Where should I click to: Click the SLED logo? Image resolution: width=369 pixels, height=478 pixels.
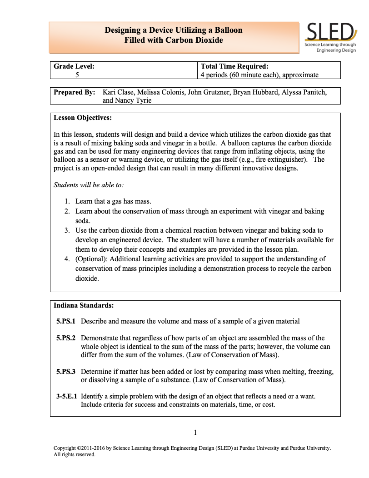tap(330, 38)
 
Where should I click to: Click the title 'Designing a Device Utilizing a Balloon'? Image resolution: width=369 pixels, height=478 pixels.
tap(174, 30)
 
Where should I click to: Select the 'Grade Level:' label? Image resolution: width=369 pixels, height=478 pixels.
tap(74, 66)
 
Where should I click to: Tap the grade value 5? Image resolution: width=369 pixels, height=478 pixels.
tap(77, 75)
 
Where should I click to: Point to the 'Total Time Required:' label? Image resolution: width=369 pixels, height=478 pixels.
tap(234, 66)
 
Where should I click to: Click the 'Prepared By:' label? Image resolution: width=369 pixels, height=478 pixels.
tap(75, 92)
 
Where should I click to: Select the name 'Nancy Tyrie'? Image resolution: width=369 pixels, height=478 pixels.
tap(134, 100)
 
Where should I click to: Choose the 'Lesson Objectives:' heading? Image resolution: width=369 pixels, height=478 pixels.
tap(83, 118)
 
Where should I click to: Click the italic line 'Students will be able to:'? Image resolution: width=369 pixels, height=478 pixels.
tap(89, 185)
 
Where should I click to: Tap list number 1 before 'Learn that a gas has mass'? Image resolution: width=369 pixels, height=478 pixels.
tap(66, 201)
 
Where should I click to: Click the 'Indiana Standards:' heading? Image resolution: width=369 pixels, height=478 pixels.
tap(84, 305)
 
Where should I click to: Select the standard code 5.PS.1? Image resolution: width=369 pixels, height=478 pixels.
tap(66, 321)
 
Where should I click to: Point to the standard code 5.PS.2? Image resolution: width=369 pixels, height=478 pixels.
tap(66, 338)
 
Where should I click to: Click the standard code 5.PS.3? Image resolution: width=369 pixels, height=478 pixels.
tap(66, 371)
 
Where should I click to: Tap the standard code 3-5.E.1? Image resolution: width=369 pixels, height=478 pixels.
tap(65, 396)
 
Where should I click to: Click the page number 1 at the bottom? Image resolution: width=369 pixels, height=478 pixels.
tap(195, 433)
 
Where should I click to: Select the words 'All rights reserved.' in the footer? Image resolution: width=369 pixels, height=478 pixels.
tap(75, 454)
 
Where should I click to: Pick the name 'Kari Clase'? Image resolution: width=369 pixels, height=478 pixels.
tap(119, 92)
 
